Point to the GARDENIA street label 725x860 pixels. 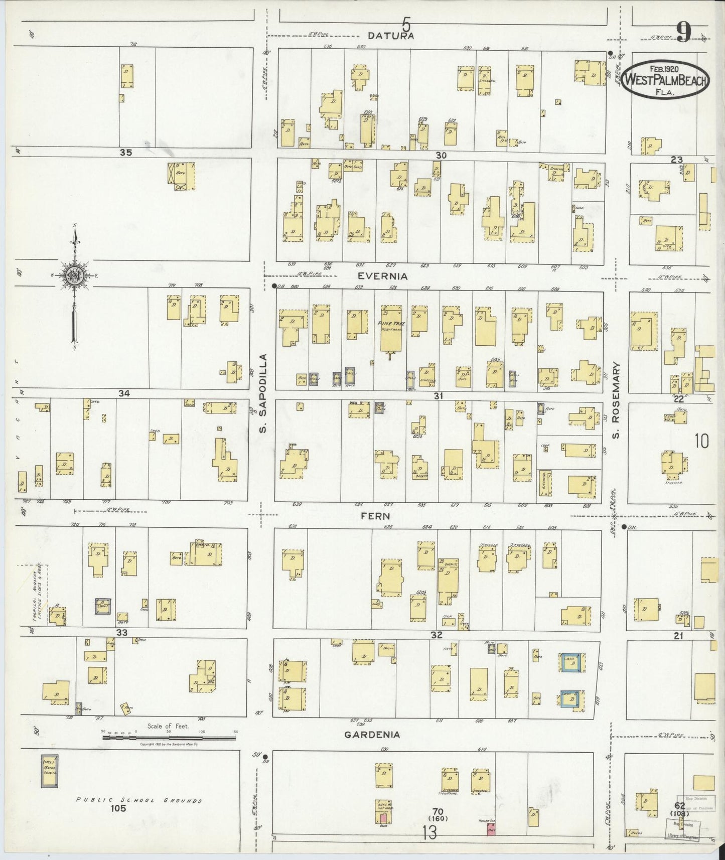coord(372,735)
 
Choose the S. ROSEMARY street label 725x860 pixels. coord(616,400)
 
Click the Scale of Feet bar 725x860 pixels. coord(169,737)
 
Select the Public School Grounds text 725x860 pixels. coord(138,800)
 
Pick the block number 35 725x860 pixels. coord(125,153)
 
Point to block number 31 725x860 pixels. coord(439,396)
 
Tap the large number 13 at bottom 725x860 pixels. coord(429,833)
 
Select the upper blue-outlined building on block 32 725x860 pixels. coord(572,662)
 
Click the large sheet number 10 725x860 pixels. coord(701,442)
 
